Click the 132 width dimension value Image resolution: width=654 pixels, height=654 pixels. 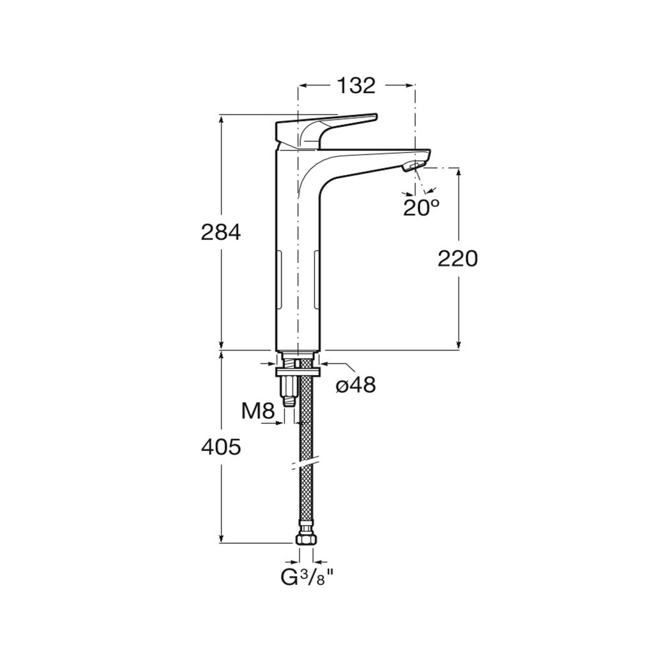click(x=356, y=86)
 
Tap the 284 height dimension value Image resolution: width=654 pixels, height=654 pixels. click(x=220, y=232)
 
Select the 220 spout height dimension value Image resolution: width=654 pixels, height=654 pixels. click(x=457, y=259)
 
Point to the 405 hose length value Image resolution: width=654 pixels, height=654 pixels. click(x=220, y=447)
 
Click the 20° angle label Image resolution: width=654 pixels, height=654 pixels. click(x=422, y=207)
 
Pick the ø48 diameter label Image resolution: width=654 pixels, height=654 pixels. click(x=356, y=385)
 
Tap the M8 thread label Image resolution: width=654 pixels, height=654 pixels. click(x=258, y=412)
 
